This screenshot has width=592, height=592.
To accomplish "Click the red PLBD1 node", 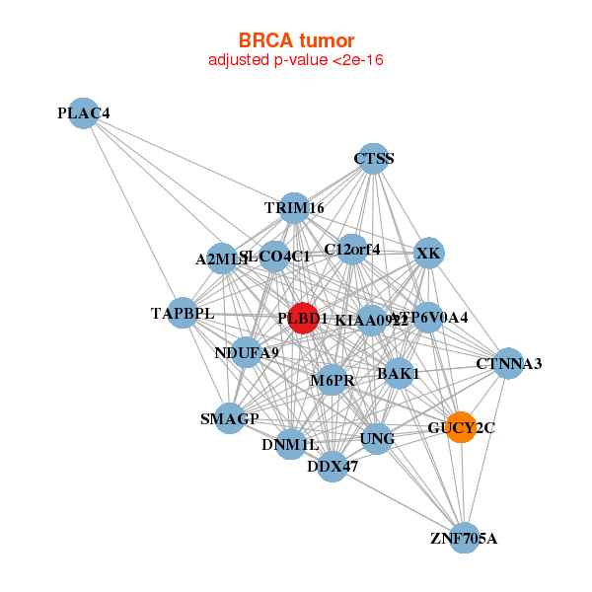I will [303, 318].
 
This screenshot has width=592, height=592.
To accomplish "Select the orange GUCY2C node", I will [462, 427].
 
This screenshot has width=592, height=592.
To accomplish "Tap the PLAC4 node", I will [84, 113].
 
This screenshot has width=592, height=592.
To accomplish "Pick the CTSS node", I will [373, 158].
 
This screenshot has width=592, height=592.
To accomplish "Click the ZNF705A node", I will [464, 538].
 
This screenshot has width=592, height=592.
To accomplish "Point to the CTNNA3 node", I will [508, 364].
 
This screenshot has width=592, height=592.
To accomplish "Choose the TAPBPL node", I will [183, 314].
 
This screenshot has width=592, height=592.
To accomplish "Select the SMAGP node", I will [230, 418].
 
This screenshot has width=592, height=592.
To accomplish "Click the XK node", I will [428, 254].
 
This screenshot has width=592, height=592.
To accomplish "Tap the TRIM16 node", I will [294, 208].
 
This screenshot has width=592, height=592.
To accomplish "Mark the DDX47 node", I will [333, 466].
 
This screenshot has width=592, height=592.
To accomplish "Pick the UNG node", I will [376, 438].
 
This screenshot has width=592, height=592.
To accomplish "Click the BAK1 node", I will [399, 374].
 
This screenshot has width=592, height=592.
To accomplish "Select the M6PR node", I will [333, 380].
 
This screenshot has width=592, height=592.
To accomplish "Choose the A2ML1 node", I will [222, 259].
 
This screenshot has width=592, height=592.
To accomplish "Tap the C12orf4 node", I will [352, 250].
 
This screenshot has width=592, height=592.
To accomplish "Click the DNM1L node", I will [290, 445].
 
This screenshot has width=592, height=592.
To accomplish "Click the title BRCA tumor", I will [296, 40].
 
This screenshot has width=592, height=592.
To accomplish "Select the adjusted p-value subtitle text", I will [296, 60].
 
